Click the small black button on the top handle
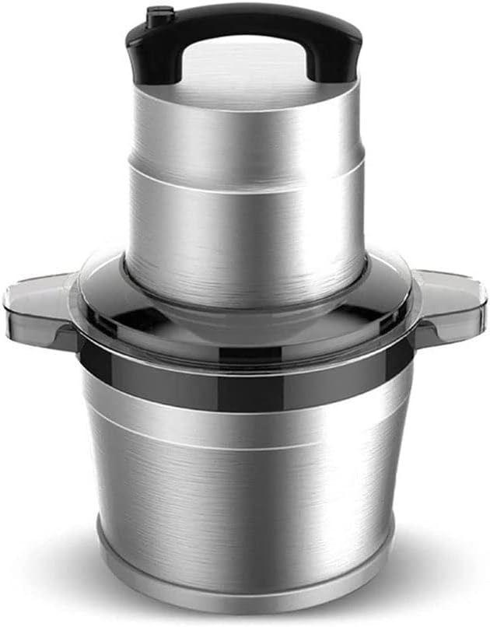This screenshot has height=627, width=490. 159,12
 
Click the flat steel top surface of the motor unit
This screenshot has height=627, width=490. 247,97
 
